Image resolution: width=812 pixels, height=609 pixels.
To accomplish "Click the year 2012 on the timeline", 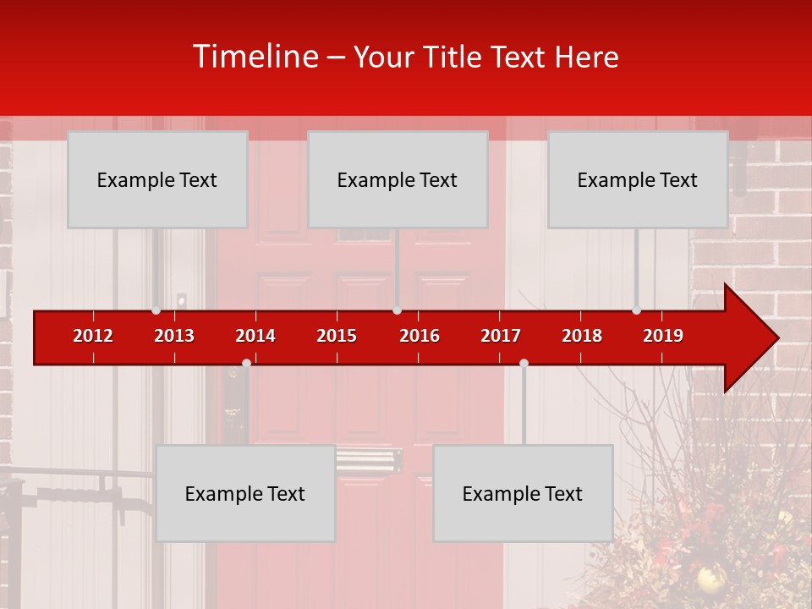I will click(x=93, y=336).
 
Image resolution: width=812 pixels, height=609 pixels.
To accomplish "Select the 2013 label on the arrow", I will click(x=174, y=336).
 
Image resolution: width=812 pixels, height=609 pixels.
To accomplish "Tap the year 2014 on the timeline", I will click(x=255, y=336).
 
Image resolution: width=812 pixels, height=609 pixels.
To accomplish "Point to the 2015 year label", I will click(x=337, y=336).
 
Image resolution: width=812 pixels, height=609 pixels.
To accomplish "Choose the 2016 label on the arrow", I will click(x=420, y=336).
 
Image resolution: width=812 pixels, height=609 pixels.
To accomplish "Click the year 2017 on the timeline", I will click(x=501, y=336).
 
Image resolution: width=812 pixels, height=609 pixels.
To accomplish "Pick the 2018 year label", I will click(x=582, y=336).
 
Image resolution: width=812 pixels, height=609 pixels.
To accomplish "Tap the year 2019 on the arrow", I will click(x=663, y=336).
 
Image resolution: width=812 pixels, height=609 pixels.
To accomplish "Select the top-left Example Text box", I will click(x=157, y=179).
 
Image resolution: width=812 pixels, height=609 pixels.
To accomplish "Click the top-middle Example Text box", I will click(x=398, y=179).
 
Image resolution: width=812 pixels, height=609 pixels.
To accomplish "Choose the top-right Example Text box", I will click(x=638, y=179).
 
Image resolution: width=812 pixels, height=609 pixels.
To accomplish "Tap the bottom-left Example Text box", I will click(x=245, y=493).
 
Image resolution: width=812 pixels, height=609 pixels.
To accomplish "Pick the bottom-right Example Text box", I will click(x=523, y=493).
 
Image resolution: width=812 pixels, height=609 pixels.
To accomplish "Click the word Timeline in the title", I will click(x=254, y=57).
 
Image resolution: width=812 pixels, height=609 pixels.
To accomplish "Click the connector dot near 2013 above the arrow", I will click(x=156, y=310).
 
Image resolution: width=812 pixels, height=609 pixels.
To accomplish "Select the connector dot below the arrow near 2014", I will click(x=246, y=363).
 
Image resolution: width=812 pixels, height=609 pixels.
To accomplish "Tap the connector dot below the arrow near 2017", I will click(x=524, y=363).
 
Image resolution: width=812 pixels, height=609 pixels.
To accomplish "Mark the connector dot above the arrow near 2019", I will click(x=637, y=310).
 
